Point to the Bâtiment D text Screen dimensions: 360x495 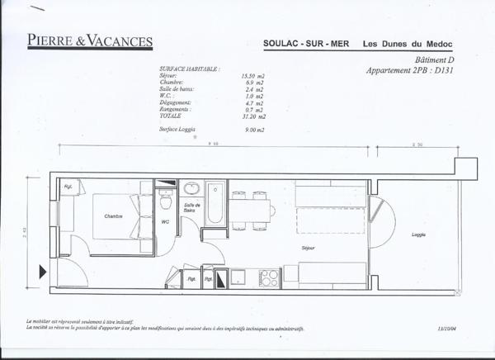pyautogui.click(x=436, y=60)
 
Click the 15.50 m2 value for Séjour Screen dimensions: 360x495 pyautogui.click(x=252, y=76)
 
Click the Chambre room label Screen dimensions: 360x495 pyautogui.click(x=113, y=216)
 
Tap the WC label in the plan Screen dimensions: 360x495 pyautogui.click(x=165, y=221)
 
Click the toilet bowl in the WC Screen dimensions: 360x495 pyautogui.click(x=165, y=201)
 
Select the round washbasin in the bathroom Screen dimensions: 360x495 pyautogui.click(x=190, y=188)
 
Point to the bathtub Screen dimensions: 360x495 pyautogui.click(x=215, y=203)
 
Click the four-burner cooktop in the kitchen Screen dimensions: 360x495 pyautogui.click(x=270, y=277)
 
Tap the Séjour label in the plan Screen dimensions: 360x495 pyautogui.click(x=309, y=246)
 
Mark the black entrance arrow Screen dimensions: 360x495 pyautogui.click(x=42, y=269)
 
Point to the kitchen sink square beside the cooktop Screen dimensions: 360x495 pyautogui.click(x=240, y=276)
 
